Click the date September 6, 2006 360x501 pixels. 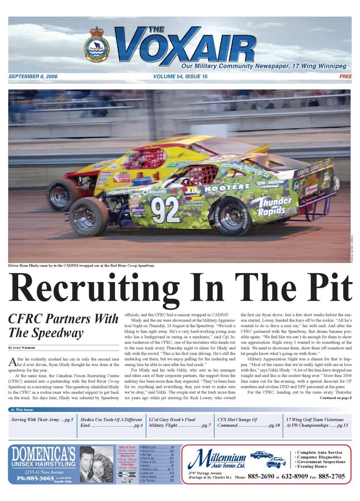coord(33,76)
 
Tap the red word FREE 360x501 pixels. coord(345,76)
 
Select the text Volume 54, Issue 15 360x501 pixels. coord(180,76)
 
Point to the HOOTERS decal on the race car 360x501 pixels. coord(227,188)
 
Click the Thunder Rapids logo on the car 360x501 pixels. coord(271,206)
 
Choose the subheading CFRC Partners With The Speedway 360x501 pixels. coord(63,326)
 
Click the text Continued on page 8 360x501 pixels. coord(335,398)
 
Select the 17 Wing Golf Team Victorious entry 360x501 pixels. coord(317,422)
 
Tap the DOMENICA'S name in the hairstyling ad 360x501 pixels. coord(43,455)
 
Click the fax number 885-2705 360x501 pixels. coord(331,476)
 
